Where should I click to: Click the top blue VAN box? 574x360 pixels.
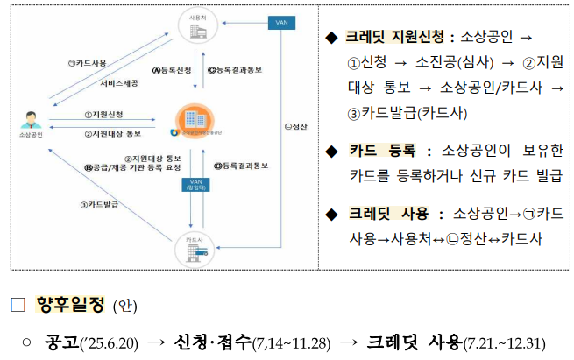pyautogui.click(x=280, y=21)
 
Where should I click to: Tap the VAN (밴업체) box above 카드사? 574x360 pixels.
pyautogui.click(x=195, y=185)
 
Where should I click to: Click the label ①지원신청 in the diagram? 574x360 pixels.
pyautogui.click(x=103, y=114)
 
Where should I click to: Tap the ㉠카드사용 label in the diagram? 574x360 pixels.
pyautogui.click(x=87, y=63)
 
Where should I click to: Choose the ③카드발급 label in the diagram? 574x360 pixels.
pyautogui.click(x=98, y=204)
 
